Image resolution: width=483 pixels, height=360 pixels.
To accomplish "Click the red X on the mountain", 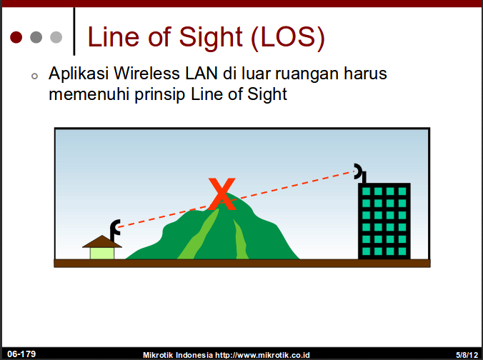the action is [x=221, y=194].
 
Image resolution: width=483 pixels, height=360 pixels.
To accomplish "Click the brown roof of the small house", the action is [x=102, y=241].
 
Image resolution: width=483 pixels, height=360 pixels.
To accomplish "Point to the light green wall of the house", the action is [x=102, y=254].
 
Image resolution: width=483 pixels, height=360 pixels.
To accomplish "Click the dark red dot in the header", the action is [x=16, y=37].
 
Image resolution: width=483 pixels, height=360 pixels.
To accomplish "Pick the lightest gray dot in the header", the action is [x=56, y=37].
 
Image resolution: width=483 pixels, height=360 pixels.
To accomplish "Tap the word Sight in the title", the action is [x=211, y=38].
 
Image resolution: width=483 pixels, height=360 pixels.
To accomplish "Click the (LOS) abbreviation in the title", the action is [x=288, y=38].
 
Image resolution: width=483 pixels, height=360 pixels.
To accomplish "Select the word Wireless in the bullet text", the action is [x=146, y=74].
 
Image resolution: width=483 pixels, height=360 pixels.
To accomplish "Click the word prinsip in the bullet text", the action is [x=160, y=94].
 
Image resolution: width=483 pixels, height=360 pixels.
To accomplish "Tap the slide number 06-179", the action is [x=21, y=354].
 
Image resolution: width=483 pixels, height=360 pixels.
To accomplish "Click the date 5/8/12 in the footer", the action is [x=467, y=355].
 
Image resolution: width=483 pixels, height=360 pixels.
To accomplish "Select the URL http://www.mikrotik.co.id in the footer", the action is [x=262, y=355].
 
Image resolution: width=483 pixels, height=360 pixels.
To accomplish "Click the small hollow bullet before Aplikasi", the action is [x=34, y=76].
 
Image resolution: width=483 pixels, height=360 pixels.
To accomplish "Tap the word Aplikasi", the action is [x=79, y=74].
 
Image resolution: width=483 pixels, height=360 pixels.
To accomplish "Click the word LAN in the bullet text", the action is [x=201, y=74].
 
